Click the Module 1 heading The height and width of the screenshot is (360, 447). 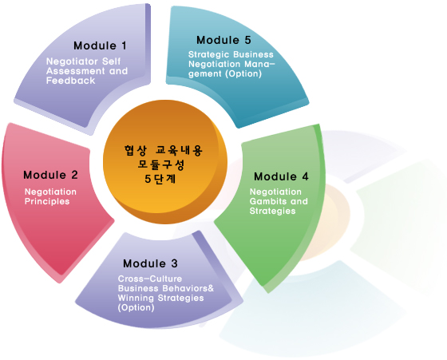[x=100, y=45]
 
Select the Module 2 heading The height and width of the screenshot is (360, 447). [x=50, y=175]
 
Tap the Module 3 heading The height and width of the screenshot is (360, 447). [x=150, y=263]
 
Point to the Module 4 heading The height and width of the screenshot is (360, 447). [x=281, y=176]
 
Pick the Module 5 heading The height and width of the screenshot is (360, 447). [x=223, y=40]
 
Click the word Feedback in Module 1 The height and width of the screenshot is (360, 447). [x=71, y=81]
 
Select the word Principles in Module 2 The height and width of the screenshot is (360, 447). [x=47, y=201]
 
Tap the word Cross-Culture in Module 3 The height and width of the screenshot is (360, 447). [x=150, y=279]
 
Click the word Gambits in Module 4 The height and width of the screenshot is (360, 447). [x=267, y=201]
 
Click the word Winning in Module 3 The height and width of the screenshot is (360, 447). [x=136, y=298]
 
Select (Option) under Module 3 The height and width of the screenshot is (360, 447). [x=136, y=307]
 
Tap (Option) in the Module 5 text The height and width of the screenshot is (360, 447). [x=243, y=73]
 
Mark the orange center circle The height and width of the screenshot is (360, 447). [x=165, y=161]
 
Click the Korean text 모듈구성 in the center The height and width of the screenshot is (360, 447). [x=161, y=164]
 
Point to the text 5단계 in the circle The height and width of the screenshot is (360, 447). [x=160, y=179]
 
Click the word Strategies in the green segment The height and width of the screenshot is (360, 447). [x=272, y=211]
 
